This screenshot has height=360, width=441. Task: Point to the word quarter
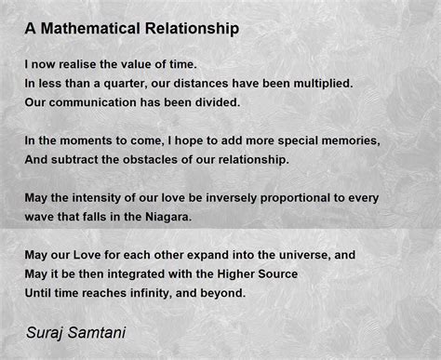click(131, 83)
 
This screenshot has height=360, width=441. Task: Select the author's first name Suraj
click(46, 330)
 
